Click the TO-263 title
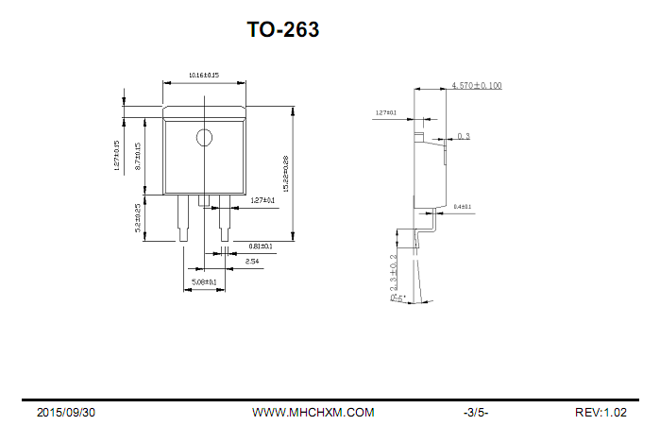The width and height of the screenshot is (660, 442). point(283,30)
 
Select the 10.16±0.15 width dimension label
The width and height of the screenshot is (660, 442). point(203,75)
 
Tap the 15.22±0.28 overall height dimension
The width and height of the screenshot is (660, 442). point(285,173)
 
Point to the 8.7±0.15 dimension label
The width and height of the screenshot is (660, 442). point(138,156)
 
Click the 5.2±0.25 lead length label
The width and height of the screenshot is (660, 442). point(138,218)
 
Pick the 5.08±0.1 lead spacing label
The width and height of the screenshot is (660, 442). point(204,281)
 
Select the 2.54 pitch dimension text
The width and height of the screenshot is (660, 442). point(252,261)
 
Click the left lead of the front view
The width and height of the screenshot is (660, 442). point(182,217)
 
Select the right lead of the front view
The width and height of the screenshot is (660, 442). point(225,217)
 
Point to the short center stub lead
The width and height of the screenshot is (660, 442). point(204,199)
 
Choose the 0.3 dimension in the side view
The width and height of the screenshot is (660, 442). point(464,137)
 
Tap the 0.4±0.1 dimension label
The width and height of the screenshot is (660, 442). point(463,206)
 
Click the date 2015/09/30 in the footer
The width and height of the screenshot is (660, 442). point(66,413)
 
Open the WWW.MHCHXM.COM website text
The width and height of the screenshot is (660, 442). point(313,413)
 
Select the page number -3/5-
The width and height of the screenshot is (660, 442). point(476,413)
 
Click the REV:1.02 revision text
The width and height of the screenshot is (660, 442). point(601,413)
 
